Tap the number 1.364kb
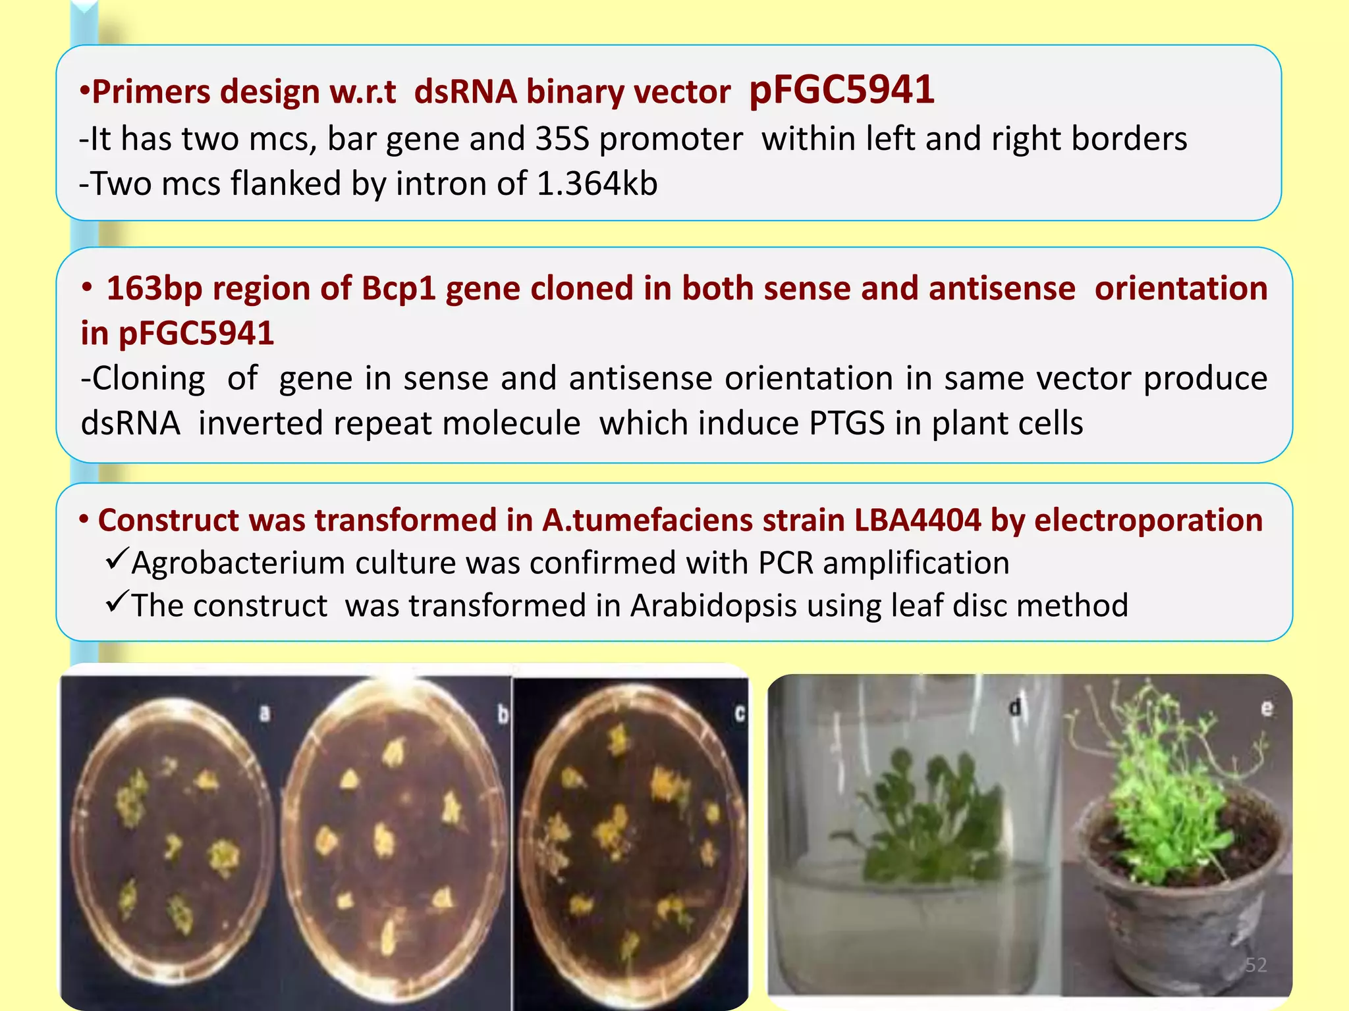click(597, 184)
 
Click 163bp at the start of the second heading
click(153, 288)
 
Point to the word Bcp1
click(399, 288)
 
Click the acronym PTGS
click(846, 423)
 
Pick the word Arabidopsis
click(713, 606)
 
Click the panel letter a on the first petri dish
click(265, 713)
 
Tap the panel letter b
click(503, 714)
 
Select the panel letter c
click(739, 713)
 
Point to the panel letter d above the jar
click(1015, 708)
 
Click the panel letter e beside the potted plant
click(1266, 709)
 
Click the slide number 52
click(1255, 965)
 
